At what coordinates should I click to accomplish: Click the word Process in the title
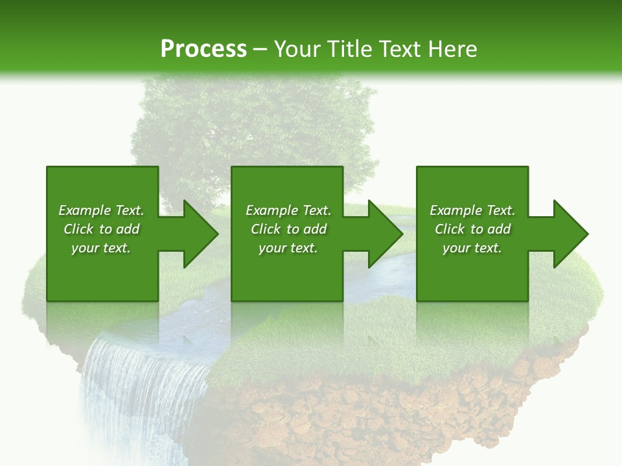click(x=203, y=49)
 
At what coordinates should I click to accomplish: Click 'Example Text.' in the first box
click(x=101, y=210)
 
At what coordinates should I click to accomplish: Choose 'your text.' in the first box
click(x=101, y=248)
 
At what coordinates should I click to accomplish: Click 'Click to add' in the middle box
click(x=288, y=229)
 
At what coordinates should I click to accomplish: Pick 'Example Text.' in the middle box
click(x=288, y=210)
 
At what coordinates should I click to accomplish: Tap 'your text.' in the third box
click(x=472, y=248)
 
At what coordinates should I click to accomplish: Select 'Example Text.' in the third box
click(x=472, y=210)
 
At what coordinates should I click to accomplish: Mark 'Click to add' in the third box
click(x=472, y=229)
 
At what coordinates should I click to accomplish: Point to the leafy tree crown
click(x=253, y=123)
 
